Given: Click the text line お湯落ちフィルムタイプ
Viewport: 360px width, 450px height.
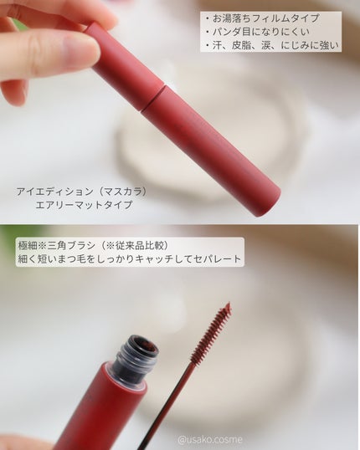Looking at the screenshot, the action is pos(265,18).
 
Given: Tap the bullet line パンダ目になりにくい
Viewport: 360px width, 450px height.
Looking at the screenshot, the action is pos(261,32).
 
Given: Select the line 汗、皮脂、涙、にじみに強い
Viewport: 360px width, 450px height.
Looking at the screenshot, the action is pos(275,45).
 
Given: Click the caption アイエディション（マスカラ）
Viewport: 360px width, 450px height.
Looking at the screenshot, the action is pos(82,192).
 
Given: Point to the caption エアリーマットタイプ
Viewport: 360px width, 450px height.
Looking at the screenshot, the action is pos(84,205).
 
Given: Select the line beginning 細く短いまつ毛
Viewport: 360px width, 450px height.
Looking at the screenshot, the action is pos(129,258).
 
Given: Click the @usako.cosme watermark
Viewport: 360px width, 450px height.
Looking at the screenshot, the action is pos(210,439).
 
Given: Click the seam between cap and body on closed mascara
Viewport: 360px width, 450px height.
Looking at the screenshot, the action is pos(152,98).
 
